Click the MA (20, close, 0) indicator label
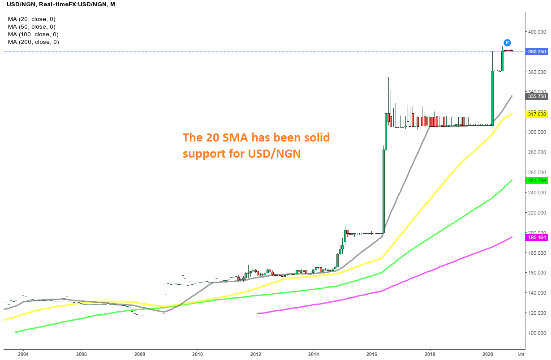31,19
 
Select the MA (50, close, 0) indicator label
31,27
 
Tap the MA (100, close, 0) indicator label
33,34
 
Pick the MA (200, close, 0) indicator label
33,42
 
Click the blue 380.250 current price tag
537,51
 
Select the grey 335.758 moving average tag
537,96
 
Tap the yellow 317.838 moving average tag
537,114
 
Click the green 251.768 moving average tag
537,180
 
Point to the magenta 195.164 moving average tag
537,237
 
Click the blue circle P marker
507,43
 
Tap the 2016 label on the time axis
372,354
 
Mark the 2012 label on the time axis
256,354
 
